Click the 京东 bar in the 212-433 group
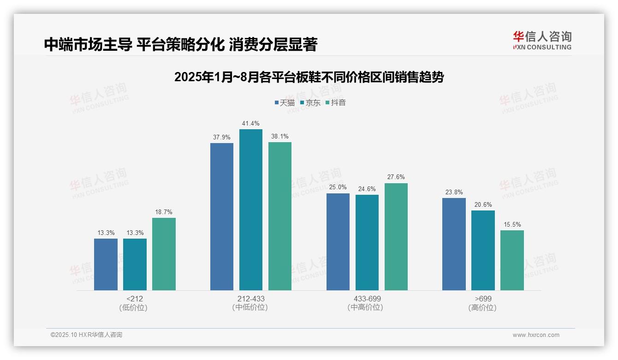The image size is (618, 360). point(250,210)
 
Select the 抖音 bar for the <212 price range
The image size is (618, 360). point(164,254)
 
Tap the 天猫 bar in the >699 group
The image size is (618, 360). point(454,244)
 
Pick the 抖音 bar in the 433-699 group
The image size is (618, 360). point(396,237)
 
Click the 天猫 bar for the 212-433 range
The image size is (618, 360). point(222,216)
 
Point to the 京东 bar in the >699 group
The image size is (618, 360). point(483,250)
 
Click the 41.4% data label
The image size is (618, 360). point(250,124)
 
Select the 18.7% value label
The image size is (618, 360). point(164,212)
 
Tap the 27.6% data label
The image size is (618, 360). point(396,177)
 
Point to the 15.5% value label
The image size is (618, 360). point(512,225)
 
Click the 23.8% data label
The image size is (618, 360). point(454,192)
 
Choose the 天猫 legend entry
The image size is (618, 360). point(285,103)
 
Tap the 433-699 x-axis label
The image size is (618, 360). point(367,299)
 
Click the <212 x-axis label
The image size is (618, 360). point(134,299)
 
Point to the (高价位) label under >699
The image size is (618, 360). point(482,308)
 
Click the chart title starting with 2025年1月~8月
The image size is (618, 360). point(309,77)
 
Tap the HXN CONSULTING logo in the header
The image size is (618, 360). point(542,40)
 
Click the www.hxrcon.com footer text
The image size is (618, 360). point(536,335)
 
